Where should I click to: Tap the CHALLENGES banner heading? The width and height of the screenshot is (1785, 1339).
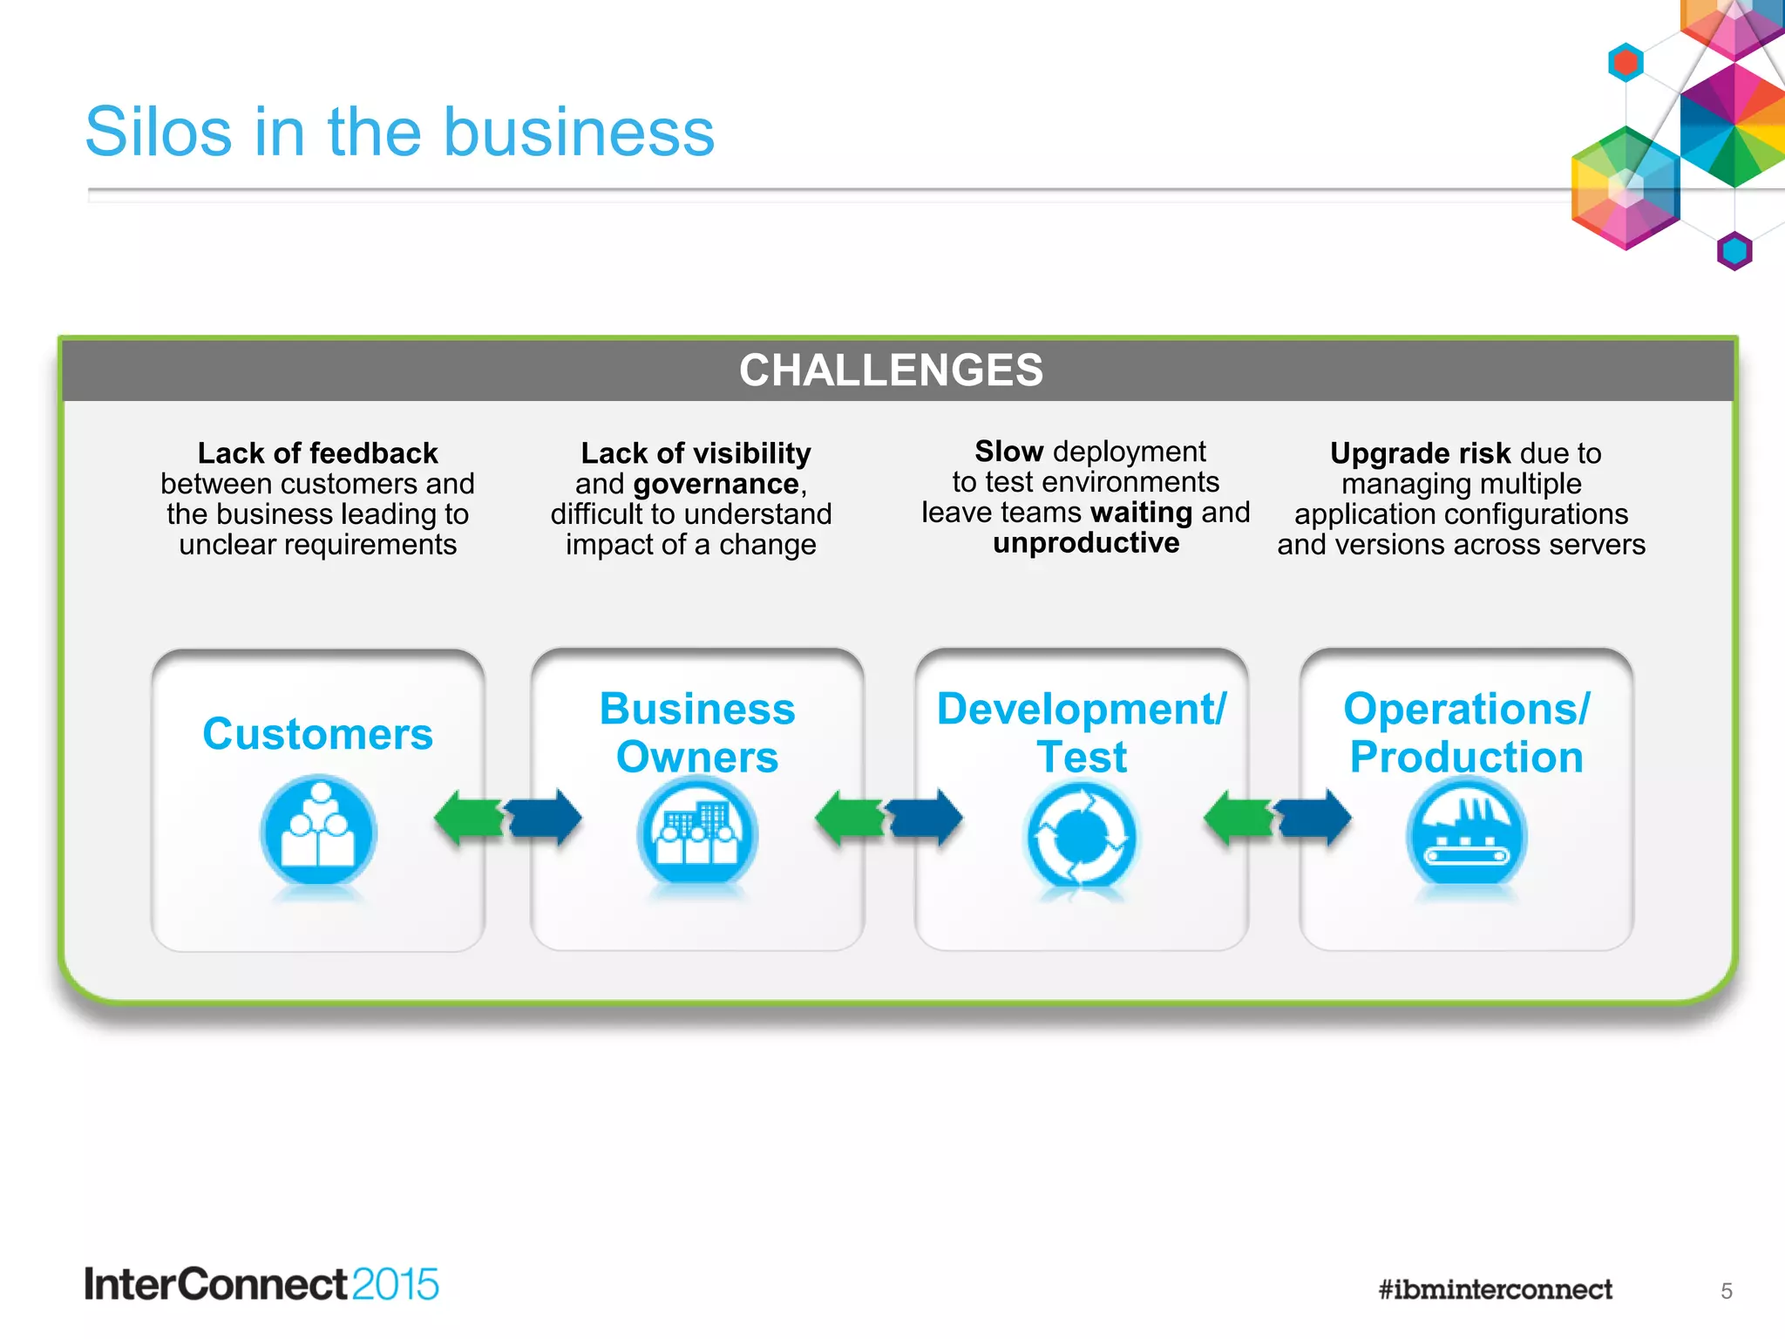coord(891,370)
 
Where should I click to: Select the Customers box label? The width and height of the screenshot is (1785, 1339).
coord(317,733)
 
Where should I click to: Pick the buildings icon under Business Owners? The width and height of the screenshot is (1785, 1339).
coord(697,835)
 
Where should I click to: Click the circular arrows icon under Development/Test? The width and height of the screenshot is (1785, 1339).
coord(1081,837)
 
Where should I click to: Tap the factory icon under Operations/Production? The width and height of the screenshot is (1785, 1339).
coord(1466,835)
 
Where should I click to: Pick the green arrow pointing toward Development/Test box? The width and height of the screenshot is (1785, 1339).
coord(1237,818)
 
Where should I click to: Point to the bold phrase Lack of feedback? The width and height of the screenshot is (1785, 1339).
coord(317,453)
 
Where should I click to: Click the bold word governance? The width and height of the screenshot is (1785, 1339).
coord(716,484)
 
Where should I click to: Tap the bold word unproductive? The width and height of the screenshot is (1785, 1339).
coord(1086,543)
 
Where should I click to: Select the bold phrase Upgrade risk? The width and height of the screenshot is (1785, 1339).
coord(1420,453)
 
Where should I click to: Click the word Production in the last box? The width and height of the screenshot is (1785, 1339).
coord(1466,757)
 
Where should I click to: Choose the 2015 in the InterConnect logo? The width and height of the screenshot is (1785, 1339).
coord(396,1285)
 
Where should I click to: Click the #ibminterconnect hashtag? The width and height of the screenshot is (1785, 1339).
coord(1495,1289)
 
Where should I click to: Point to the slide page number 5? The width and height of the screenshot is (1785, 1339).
coord(1726,1291)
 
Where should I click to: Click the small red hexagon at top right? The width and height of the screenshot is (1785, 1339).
coord(1625,62)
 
